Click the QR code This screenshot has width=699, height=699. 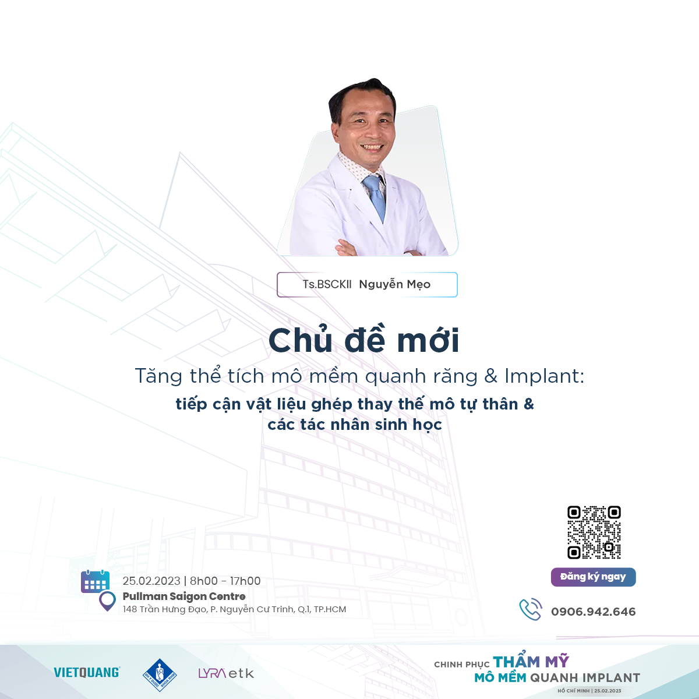click(594, 532)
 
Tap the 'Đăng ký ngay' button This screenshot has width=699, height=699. click(593, 577)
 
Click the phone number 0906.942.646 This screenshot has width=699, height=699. click(593, 612)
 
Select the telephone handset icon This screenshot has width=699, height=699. click(531, 609)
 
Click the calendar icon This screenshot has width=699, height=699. click(95, 581)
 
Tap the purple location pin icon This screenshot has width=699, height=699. click(107, 601)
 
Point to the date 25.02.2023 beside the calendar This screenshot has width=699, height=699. click(151, 581)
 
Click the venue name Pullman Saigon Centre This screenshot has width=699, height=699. click(184, 596)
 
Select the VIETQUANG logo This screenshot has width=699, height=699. click(87, 673)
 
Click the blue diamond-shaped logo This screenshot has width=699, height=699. click(160, 675)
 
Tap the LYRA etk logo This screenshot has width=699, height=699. click(226, 673)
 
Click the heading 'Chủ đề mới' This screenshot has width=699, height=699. click(364, 340)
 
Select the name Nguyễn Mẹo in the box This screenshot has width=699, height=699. click(395, 284)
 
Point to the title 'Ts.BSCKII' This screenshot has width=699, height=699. click(327, 284)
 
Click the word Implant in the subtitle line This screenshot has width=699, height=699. click(544, 376)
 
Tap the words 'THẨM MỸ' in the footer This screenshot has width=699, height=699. click(531, 662)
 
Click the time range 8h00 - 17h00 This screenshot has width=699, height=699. click(225, 581)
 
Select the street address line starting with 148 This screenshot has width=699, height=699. click(234, 609)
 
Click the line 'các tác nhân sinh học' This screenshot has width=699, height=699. click(355, 425)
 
